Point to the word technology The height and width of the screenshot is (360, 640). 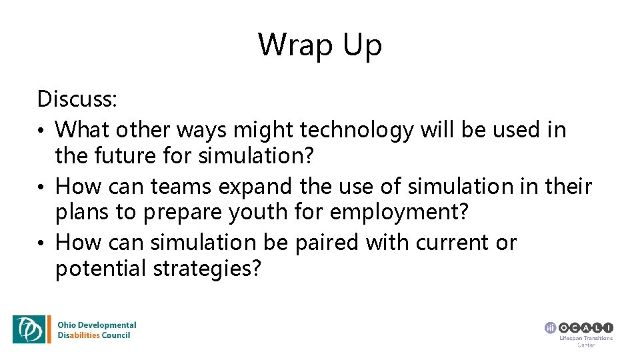(x=357, y=130)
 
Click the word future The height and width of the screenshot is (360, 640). (x=120, y=156)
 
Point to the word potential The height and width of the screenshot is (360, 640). (x=100, y=269)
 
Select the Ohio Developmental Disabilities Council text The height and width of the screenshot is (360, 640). (x=97, y=330)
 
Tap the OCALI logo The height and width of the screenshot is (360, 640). (x=579, y=327)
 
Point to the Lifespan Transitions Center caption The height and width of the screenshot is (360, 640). (x=585, y=341)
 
